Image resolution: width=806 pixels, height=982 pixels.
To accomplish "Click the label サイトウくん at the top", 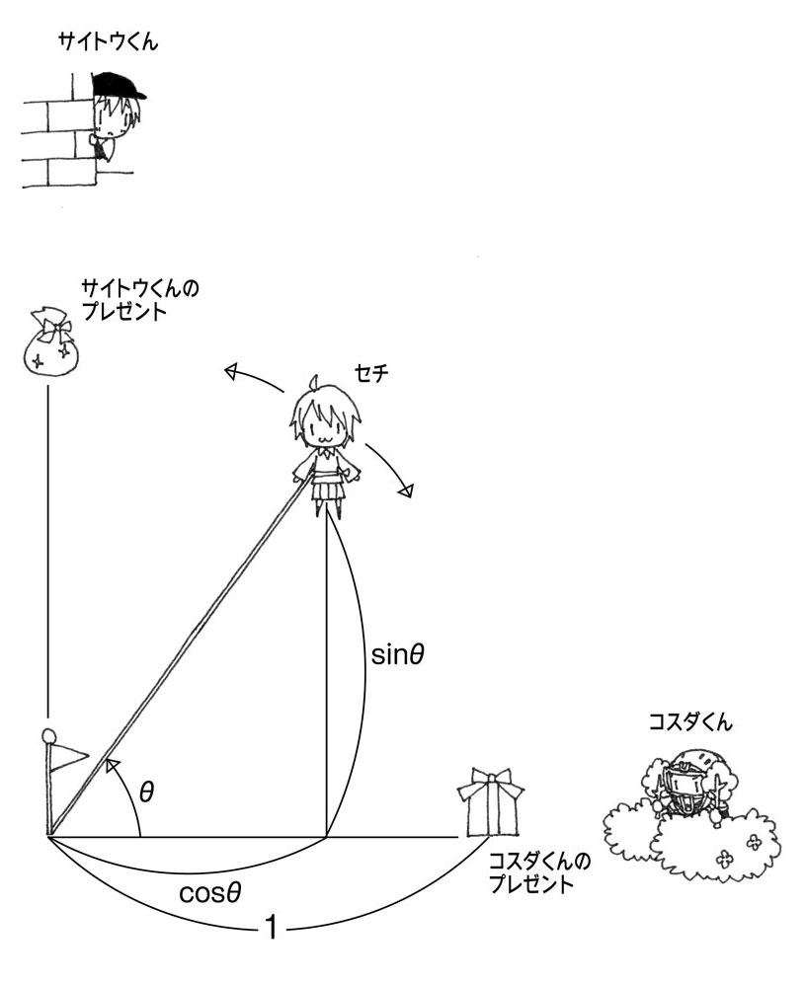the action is pos(108,42).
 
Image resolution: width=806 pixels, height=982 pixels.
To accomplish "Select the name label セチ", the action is pos(371,373).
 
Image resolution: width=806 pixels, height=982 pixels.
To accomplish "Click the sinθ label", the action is pos(398,654).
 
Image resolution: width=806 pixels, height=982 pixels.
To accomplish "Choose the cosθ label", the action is pos(210,892).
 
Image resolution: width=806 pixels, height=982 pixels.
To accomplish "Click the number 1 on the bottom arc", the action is pos(272,927).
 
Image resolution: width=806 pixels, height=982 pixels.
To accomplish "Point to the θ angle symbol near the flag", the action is pos(146,793).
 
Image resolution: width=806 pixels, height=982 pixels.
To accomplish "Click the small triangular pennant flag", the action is pos(69,756).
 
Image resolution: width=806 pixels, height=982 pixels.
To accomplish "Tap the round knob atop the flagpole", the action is pos(47,734).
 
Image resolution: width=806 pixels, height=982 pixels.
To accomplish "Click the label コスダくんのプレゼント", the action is pos(539,873).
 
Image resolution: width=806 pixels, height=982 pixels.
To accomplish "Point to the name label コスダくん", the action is pos(690,722).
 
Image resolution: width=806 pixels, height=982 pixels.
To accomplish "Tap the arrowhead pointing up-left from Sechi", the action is pos(233,373).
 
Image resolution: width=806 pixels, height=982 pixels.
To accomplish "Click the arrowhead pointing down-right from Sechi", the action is pos(407,490).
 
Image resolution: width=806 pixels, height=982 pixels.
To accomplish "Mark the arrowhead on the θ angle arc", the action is pos(113,765).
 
